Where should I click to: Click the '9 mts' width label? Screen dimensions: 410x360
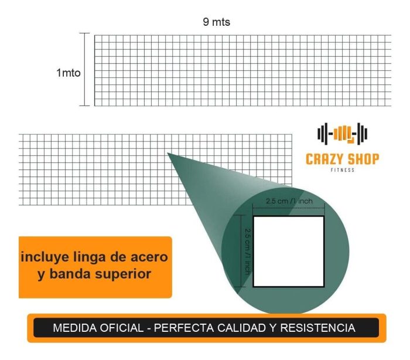tap(216, 22)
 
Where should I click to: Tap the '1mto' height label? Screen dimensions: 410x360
tap(69, 73)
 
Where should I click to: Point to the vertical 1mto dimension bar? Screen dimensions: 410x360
tap(84, 69)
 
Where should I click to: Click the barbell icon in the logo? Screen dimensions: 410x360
tap(342, 134)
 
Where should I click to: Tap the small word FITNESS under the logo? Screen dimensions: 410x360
tap(343, 170)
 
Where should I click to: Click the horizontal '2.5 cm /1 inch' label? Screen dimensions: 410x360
tap(289, 201)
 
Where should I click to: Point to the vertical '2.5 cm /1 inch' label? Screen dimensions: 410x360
tap(248, 252)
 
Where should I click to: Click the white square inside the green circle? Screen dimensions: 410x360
tap(289, 252)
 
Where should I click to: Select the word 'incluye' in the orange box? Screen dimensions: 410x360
tap(45, 257)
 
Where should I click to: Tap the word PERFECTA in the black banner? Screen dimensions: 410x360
tap(184, 328)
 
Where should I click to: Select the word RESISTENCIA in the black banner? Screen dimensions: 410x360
tap(317, 328)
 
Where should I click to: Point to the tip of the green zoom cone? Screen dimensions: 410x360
tap(168, 153)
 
